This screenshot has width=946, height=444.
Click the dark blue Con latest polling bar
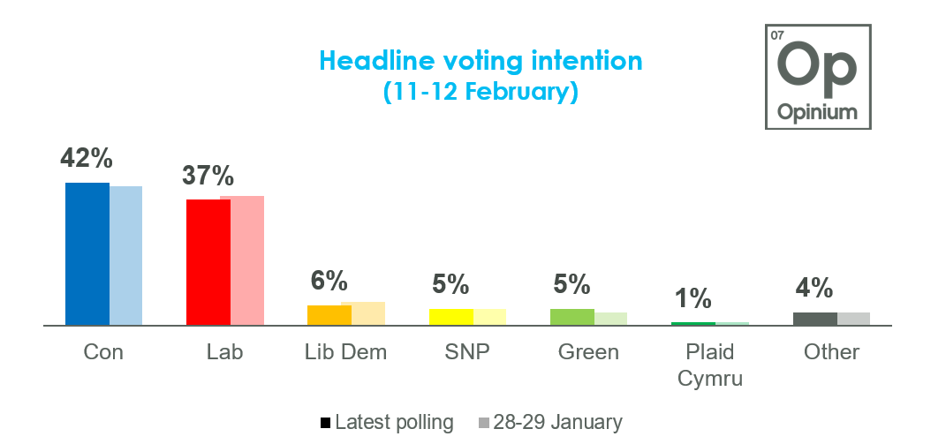pos(87,254)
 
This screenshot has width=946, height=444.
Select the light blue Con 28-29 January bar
pos(126,256)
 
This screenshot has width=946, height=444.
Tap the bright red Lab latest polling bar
pos(208,262)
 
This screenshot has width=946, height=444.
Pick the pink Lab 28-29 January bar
pos(242,260)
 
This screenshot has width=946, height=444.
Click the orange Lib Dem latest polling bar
pos(323,315)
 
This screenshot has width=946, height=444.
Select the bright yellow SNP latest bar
pos(451,317)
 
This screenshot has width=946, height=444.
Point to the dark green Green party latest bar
pos(572,317)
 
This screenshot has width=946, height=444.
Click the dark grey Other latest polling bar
pos(814,319)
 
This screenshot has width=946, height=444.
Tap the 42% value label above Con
pos(87,159)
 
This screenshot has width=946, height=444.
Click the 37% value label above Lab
pos(208,176)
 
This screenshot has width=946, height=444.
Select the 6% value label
pos(329,282)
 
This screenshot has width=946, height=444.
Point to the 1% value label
pos(693,298)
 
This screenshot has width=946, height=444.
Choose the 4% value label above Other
pos(814,289)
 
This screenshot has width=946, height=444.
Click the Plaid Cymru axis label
pos(710,365)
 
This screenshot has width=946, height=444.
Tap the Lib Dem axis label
pos(345,352)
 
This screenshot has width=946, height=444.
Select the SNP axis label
pos(466,352)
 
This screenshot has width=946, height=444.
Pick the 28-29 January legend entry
pos(550,423)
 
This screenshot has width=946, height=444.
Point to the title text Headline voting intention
pos(481,61)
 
